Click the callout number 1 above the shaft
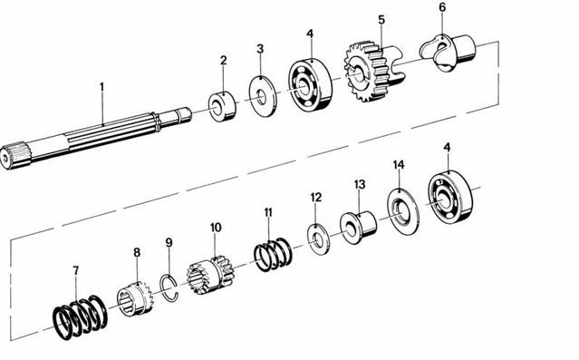pos(101,87)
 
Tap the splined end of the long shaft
pos(14,156)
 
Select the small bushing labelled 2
pos(222,107)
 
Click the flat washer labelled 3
pos(263,96)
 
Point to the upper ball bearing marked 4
pos(310,86)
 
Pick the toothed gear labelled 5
pos(373,71)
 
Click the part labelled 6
pos(448,52)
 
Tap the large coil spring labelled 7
pos(80,317)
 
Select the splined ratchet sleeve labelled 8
pos(136,297)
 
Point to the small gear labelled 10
pos(210,274)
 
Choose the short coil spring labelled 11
pos(274,254)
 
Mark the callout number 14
pos(399,165)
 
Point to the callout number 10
pos(216,228)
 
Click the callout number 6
pos(442,7)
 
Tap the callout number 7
pos(76,271)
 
